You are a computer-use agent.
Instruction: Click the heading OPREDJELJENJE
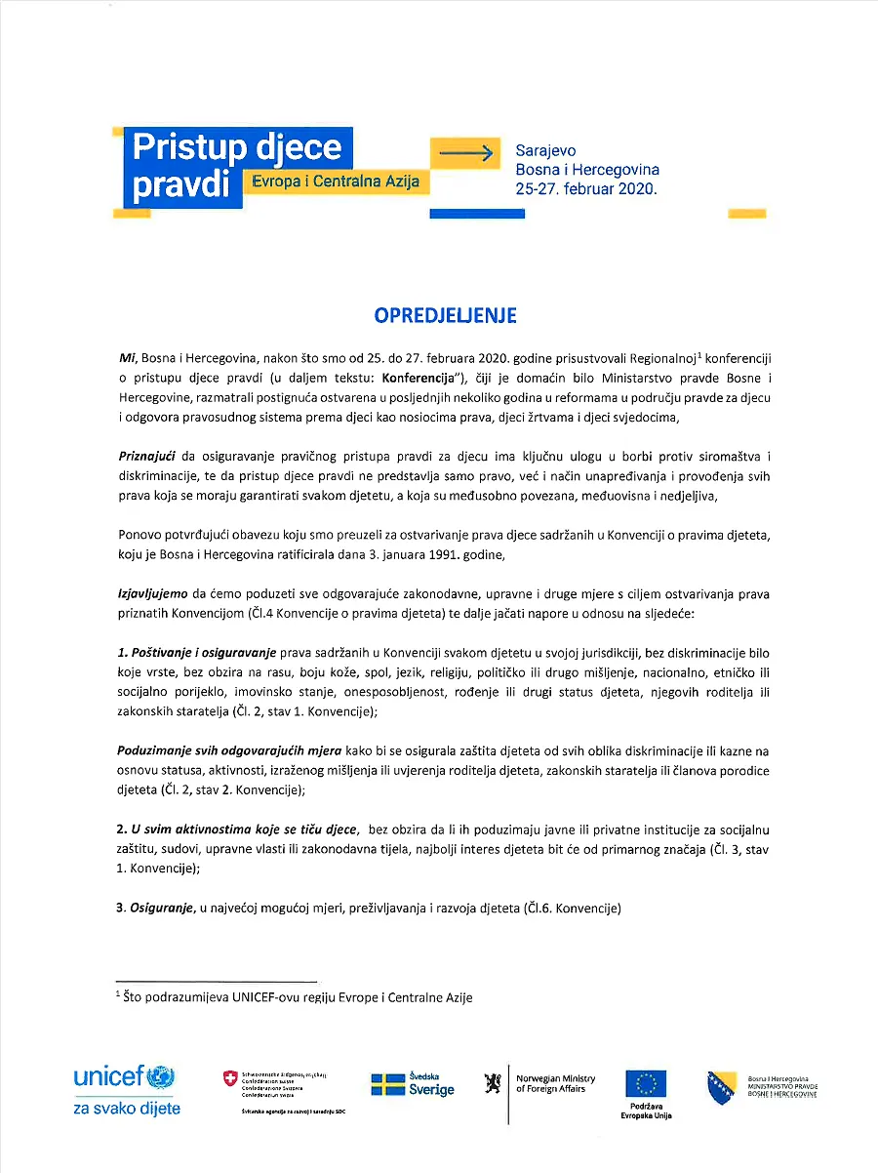tap(445, 315)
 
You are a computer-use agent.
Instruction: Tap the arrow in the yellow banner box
tap(468, 152)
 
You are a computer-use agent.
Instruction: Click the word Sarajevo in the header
tap(545, 151)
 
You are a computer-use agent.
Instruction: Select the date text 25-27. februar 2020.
tap(586, 189)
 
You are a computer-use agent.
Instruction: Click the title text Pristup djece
tap(236, 147)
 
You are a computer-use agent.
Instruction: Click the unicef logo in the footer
tap(123, 1078)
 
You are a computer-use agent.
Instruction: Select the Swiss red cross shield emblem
tap(230, 1078)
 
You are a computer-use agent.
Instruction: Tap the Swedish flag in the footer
tap(387, 1083)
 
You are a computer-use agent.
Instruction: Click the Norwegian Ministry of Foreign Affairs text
tap(555, 1083)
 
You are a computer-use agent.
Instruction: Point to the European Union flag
tap(646, 1083)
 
